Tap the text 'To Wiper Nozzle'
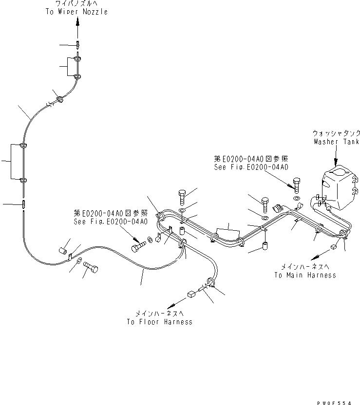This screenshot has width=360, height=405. pyautogui.click(x=77, y=12)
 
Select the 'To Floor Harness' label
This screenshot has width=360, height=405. pyautogui.click(x=159, y=322)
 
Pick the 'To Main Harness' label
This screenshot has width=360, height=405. pyautogui.click(x=305, y=275)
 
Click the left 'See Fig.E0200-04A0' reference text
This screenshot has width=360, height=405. pyautogui.click(x=111, y=221)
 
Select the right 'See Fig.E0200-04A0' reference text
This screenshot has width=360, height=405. pyautogui.click(x=251, y=167)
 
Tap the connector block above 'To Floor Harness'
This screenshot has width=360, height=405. pyautogui.click(x=190, y=294)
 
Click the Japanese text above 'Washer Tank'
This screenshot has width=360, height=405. pyautogui.click(x=336, y=132)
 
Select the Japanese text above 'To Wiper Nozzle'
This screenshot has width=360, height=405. pyautogui.click(x=77, y=4)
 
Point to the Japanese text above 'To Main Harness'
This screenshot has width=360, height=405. pyautogui.click(x=305, y=266)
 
